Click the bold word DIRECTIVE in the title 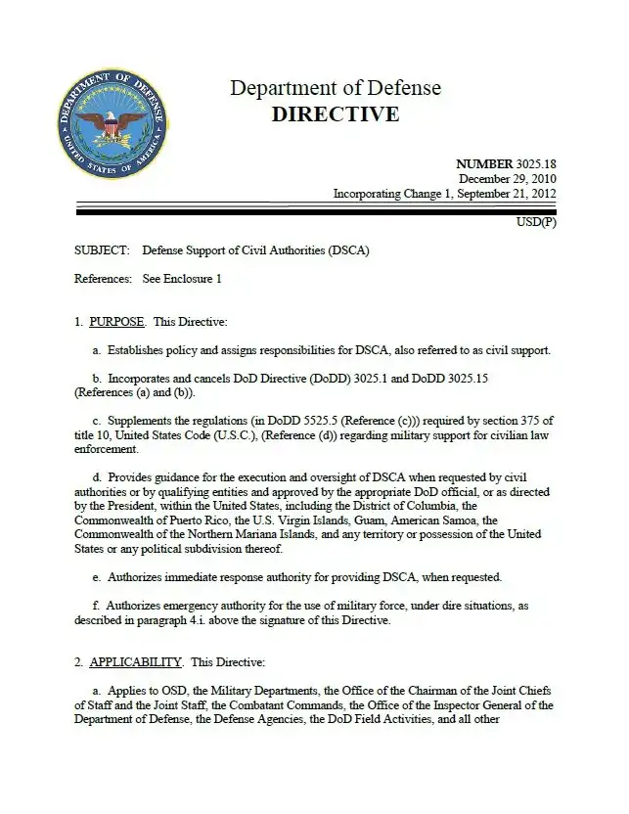click(x=335, y=114)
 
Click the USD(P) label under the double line click(x=536, y=222)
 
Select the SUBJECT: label click(x=101, y=250)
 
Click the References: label click(x=103, y=279)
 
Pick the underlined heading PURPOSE click(x=116, y=322)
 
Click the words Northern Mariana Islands click(x=242, y=534)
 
